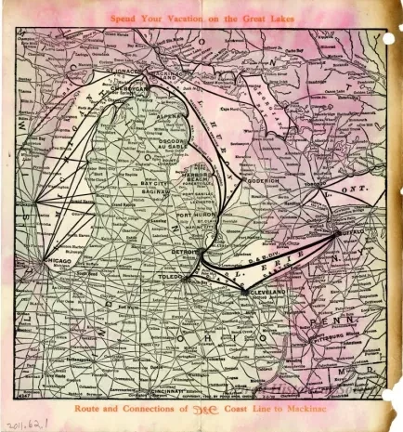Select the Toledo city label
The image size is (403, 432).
(171, 276)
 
